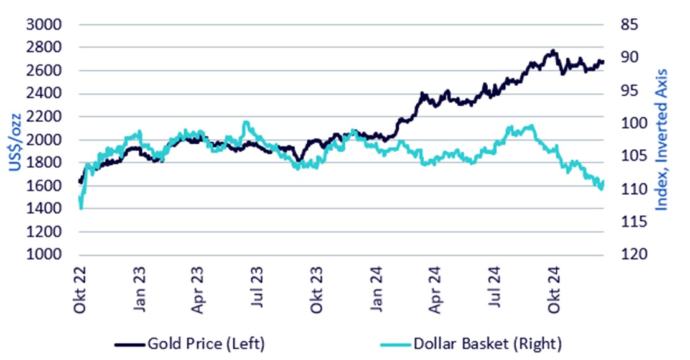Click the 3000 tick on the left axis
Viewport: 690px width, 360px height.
(x=45, y=25)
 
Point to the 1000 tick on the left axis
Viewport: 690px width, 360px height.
(x=45, y=255)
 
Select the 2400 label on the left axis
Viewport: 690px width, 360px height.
(x=45, y=94)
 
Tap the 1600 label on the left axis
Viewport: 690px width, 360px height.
(x=45, y=186)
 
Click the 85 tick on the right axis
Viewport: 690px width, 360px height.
(x=630, y=25)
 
